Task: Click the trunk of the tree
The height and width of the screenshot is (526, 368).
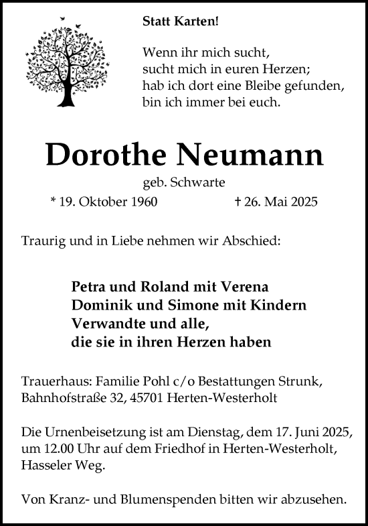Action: [x=66, y=94]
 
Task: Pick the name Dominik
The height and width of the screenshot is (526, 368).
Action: [x=97, y=305]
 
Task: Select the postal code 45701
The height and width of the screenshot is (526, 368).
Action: [x=157, y=398]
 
